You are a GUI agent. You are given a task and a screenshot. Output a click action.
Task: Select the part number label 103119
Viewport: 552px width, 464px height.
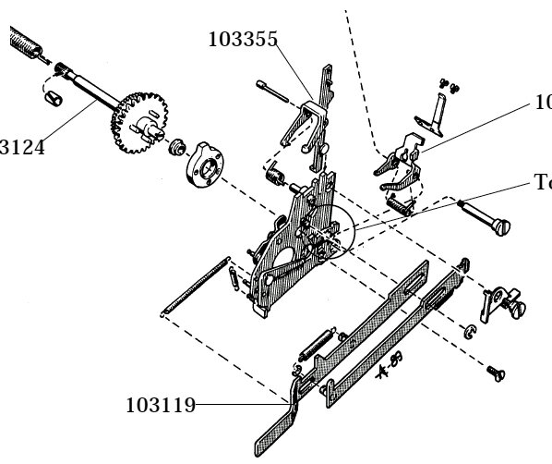pos(160,404)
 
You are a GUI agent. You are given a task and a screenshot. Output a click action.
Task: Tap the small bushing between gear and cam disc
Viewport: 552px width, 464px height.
pos(178,146)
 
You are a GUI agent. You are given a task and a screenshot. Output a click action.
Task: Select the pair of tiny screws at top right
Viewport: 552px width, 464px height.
pos(449,86)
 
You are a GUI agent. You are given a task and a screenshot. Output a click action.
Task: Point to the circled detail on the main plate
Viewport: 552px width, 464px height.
pos(331,231)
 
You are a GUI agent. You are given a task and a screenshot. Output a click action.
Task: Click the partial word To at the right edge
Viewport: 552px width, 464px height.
pos(542,183)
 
